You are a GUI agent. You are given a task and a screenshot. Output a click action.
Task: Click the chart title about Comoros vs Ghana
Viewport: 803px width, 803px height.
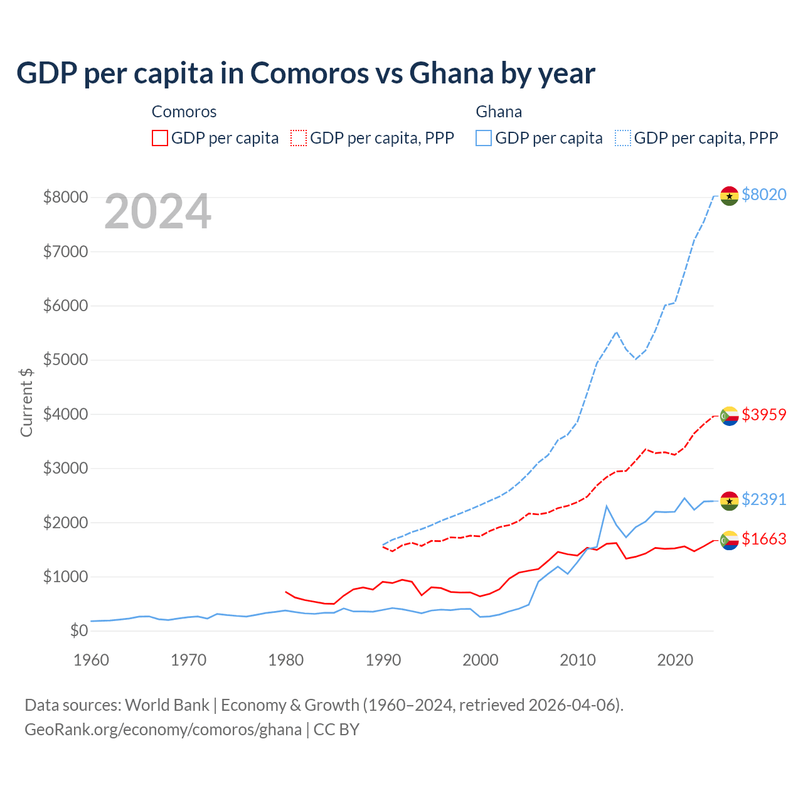[306, 73]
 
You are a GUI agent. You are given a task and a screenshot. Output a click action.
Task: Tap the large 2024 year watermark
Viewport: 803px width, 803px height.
[157, 212]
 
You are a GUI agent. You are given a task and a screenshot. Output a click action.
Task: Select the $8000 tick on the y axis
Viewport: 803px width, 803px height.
[65, 197]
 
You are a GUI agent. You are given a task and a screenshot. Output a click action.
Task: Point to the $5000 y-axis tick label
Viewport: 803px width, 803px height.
[65, 359]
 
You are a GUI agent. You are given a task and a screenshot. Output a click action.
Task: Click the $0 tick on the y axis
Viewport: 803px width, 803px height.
[78, 630]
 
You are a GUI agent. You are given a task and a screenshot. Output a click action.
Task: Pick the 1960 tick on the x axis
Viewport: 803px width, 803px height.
[92, 660]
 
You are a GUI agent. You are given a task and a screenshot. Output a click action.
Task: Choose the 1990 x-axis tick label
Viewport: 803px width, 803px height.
[383, 660]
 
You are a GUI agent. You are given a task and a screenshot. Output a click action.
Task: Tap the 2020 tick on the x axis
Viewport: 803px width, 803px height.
[675, 660]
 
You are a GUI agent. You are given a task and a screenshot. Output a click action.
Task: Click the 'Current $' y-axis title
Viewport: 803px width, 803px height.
[26, 402]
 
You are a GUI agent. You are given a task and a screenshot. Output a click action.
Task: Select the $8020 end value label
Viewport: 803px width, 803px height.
[763, 194]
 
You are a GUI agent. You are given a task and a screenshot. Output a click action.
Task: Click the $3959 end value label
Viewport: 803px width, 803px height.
[763, 415]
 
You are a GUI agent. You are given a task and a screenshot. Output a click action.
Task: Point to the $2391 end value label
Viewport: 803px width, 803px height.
[763, 499]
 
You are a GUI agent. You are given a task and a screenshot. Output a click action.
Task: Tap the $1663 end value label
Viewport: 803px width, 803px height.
[763, 539]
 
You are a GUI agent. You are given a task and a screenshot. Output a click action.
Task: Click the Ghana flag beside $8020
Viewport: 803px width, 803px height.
[729, 196]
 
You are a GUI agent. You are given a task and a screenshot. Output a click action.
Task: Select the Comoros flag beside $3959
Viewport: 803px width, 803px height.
[729, 416]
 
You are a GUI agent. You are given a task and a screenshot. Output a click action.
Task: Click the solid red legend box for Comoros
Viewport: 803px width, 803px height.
[160, 138]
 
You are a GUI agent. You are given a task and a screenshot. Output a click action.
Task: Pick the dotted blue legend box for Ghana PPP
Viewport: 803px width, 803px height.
[623, 138]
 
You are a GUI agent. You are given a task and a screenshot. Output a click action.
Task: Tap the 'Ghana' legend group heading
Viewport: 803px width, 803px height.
[499, 112]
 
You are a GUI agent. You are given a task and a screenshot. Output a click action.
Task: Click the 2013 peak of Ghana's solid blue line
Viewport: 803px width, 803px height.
[607, 506]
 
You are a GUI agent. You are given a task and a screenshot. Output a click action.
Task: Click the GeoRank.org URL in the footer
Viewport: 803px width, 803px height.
[163, 730]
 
